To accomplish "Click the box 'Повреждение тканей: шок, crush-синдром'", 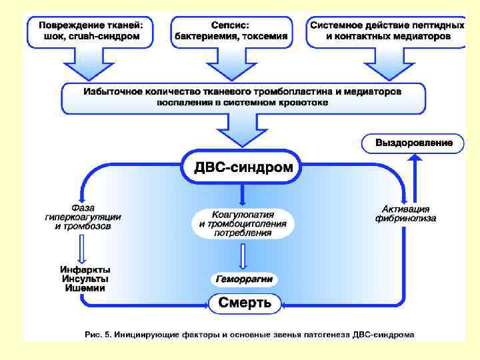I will (89, 30).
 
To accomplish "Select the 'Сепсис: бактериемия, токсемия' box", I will (232, 30).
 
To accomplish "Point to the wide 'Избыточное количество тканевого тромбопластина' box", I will (243, 97).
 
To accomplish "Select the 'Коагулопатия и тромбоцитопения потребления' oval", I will (243, 225).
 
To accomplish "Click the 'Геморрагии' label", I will (244, 279).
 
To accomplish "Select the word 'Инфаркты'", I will (85, 269).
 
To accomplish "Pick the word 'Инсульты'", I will (85, 279).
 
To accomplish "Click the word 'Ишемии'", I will (85, 288).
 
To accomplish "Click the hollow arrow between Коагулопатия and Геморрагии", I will (243, 256).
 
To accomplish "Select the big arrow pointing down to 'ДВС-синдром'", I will (243, 130).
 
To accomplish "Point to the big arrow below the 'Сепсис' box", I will (231, 64).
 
